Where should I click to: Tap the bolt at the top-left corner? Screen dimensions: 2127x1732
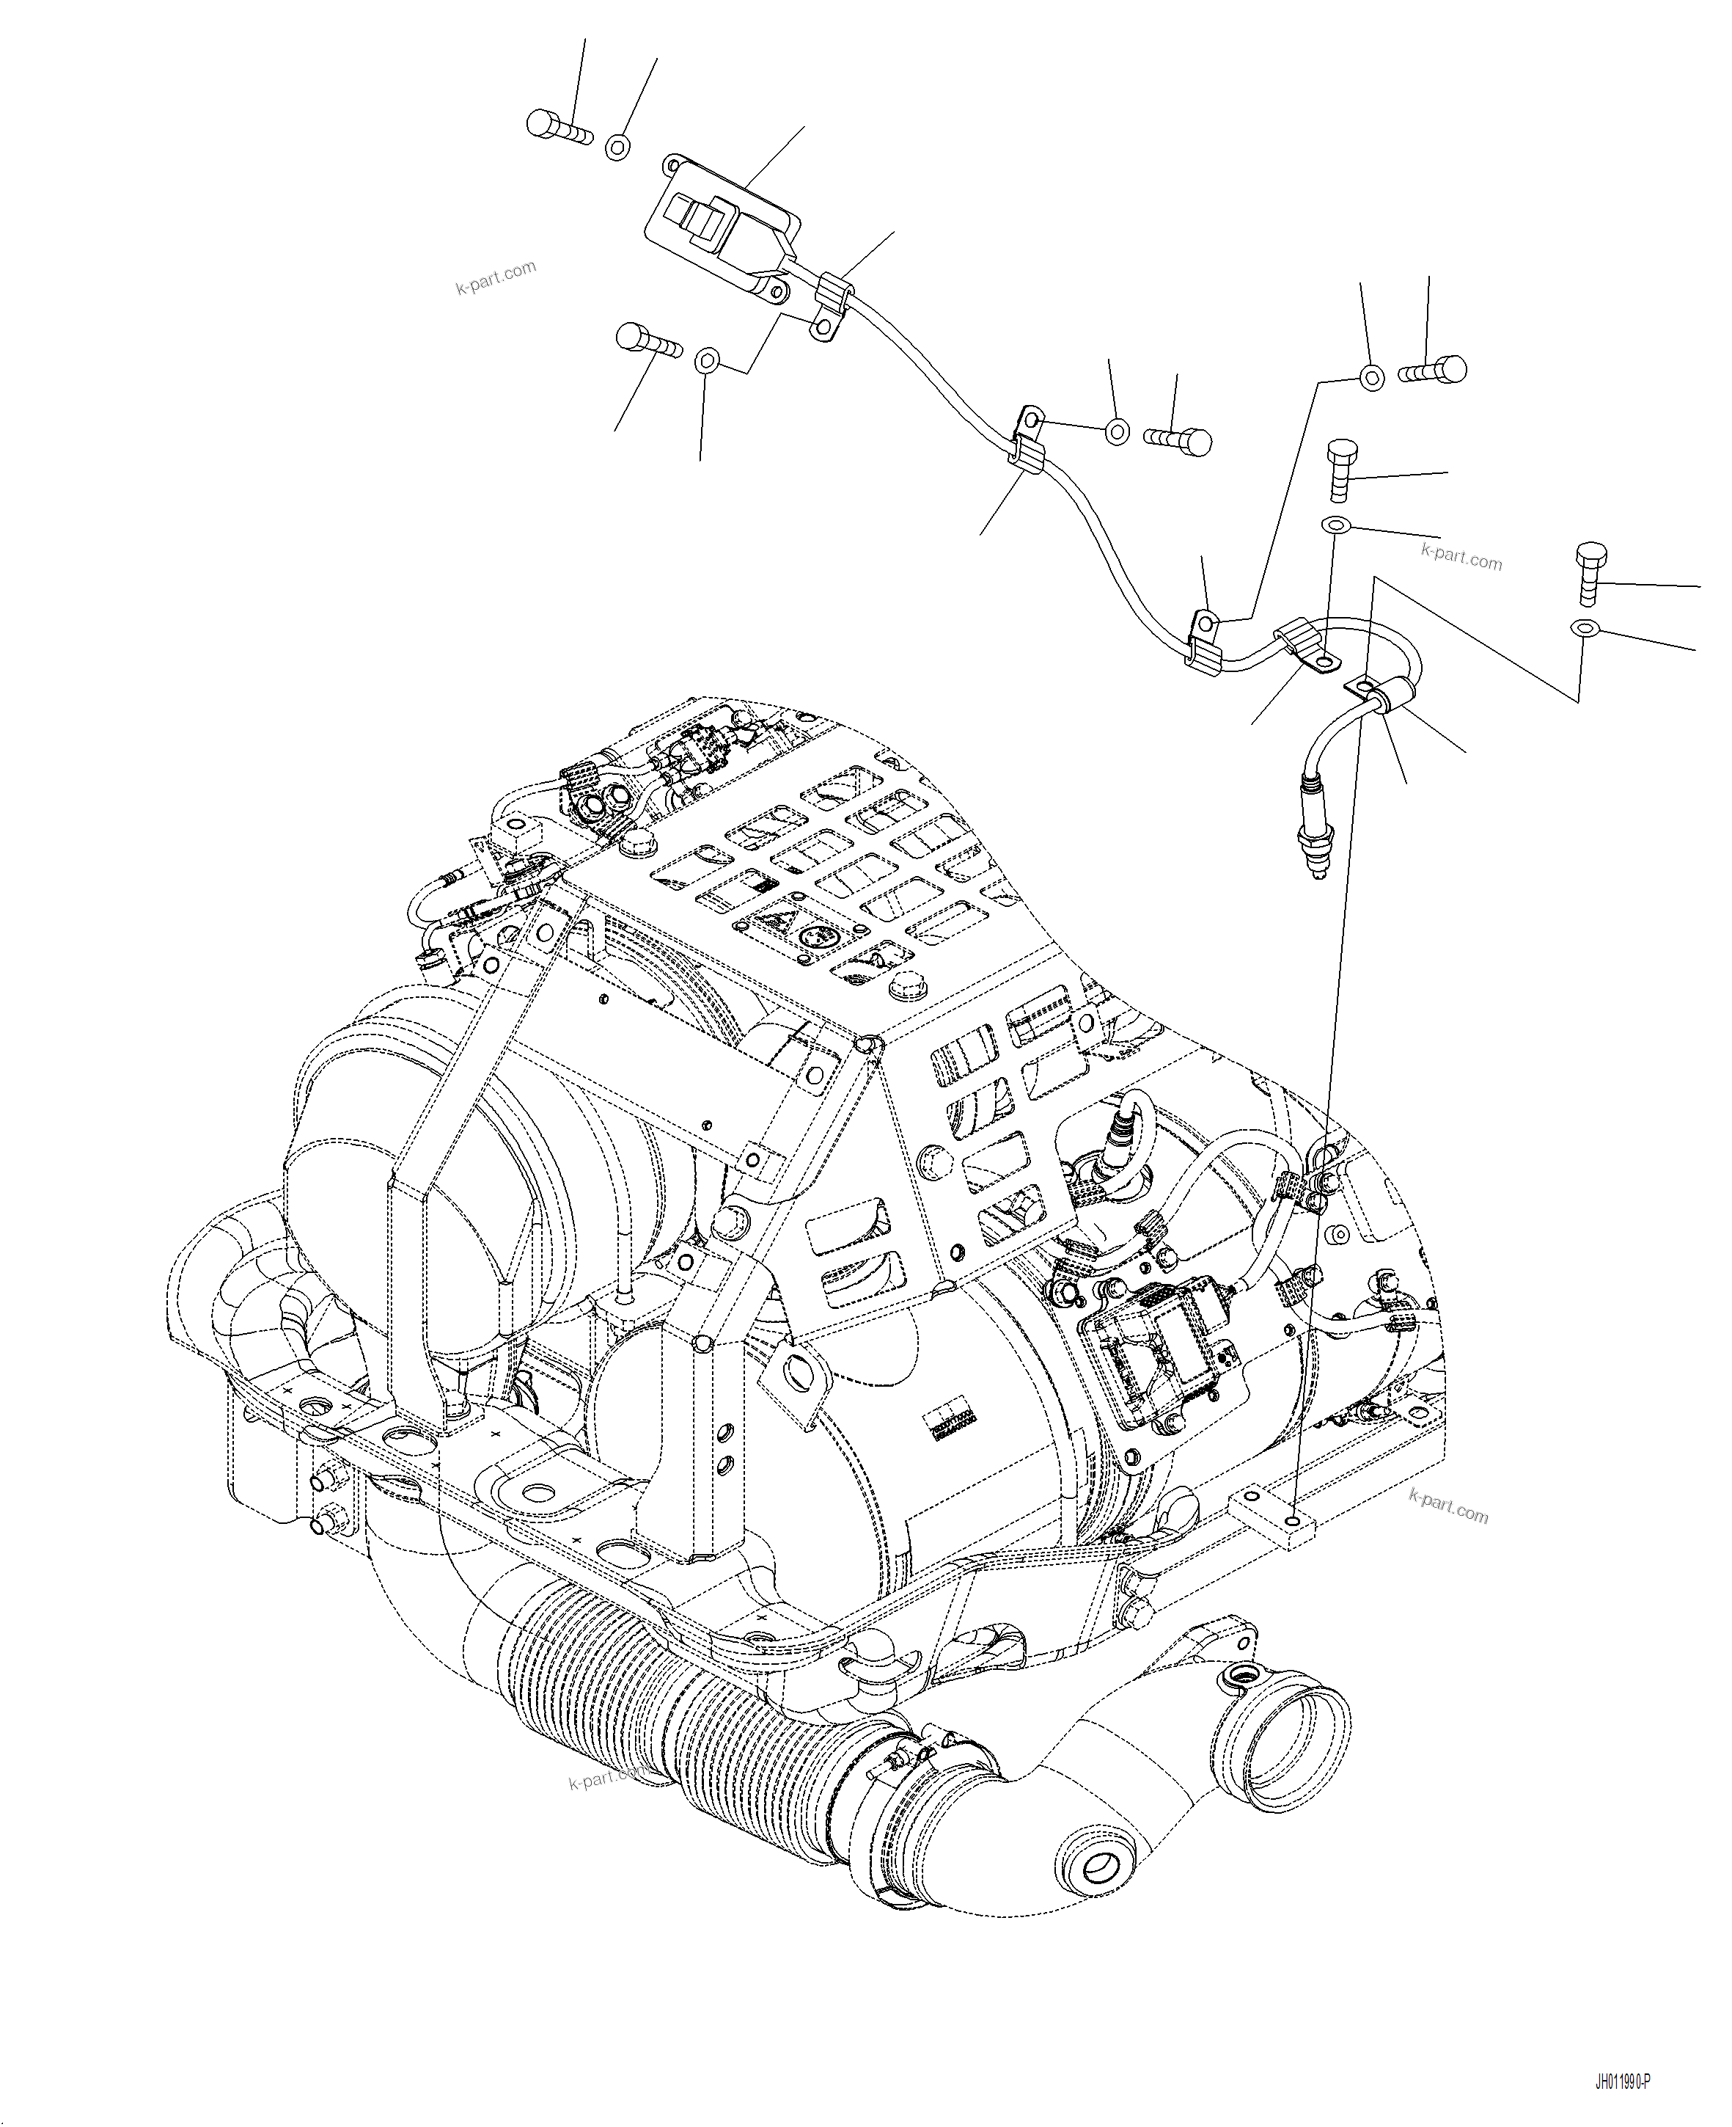(x=557, y=127)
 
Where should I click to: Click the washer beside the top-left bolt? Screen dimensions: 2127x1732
(x=617, y=147)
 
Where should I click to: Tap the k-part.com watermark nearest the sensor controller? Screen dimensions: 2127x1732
(x=496, y=277)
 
